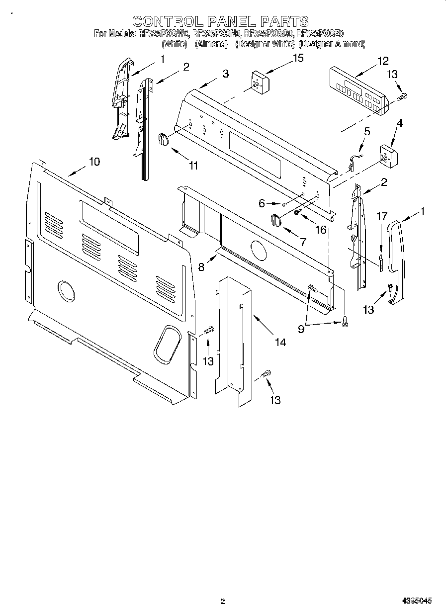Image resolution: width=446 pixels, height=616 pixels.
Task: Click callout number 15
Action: tap(298, 58)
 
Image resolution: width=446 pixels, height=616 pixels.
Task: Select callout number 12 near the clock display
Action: tap(382, 61)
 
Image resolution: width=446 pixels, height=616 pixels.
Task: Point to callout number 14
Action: tap(280, 342)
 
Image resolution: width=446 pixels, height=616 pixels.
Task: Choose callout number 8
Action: tap(201, 266)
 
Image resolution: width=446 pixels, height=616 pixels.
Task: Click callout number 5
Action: tap(367, 132)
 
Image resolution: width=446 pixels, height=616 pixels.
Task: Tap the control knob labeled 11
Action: tap(164, 140)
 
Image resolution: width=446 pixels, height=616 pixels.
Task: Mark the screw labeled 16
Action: tap(297, 212)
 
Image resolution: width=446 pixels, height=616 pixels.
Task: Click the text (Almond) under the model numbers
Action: tap(211, 44)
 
